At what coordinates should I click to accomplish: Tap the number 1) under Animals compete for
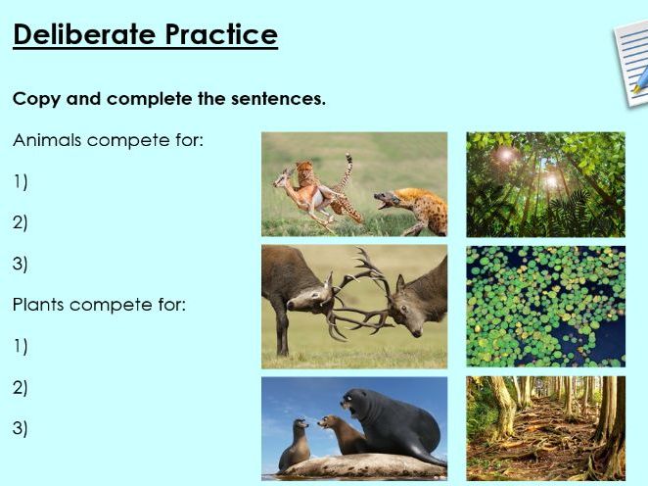21,181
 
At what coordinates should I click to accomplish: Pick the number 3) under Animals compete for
21,264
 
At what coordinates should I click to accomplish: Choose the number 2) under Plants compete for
21,387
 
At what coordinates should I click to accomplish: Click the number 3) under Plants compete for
21,428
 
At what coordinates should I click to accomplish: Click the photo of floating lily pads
545,307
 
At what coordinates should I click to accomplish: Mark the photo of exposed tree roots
545,427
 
